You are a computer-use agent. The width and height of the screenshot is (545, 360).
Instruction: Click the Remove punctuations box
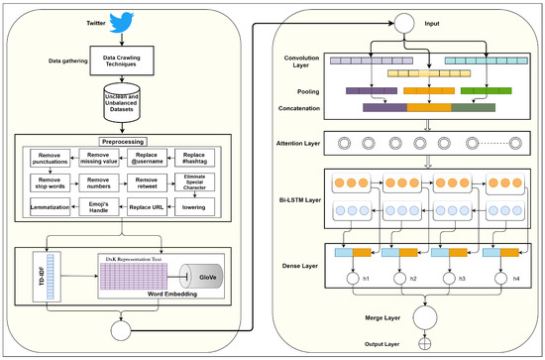pyautogui.click(x=51, y=158)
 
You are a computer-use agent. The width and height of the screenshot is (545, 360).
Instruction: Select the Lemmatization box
pyautogui.click(x=51, y=207)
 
